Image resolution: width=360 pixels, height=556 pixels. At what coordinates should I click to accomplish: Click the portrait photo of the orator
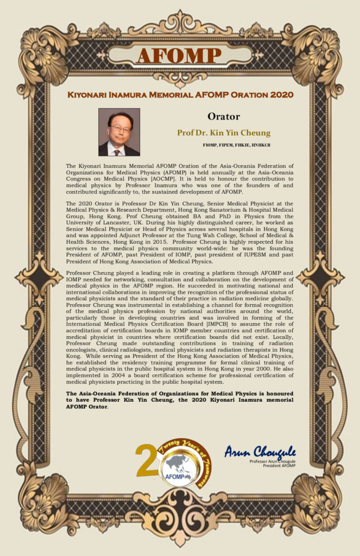(119, 132)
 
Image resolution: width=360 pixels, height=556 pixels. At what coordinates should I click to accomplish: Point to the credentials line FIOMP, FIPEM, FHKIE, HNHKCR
(236, 146)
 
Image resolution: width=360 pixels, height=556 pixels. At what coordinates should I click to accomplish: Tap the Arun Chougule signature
(260, 451)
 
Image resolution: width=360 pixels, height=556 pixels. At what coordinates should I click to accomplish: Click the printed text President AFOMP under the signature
(280, 465)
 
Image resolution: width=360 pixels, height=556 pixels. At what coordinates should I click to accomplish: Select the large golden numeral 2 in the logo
(146, 460)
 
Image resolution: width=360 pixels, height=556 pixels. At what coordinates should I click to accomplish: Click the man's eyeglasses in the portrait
(119, 129)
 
